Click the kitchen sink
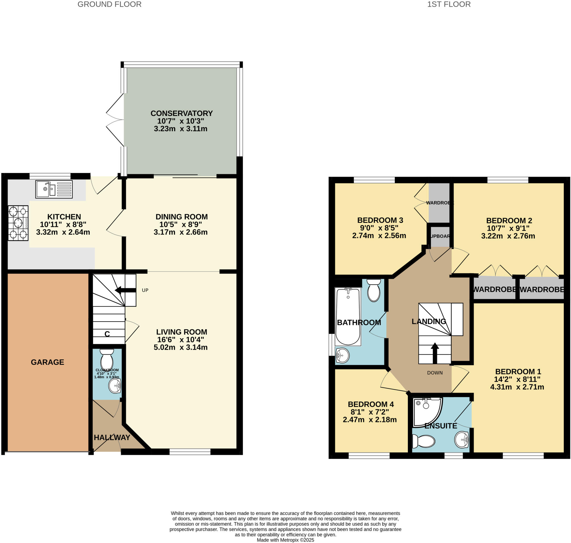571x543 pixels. tap(54, 189)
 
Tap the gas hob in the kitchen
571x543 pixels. tap(18, 223)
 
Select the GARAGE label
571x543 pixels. tap(47, 362)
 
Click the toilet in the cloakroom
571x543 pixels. tap(107, 359)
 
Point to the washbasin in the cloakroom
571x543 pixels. tap(115, 386)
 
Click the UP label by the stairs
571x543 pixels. tap(145, 290)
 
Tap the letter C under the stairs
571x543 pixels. tap(107, 334)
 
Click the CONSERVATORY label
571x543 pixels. tap(182, 113)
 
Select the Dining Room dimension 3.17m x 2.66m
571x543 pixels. tap(180, 232)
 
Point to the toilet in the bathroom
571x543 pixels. tap(374, 290)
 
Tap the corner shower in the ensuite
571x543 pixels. tap(427, 412)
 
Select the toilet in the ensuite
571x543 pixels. tap(424, 441)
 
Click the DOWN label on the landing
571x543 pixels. tap(435, 373)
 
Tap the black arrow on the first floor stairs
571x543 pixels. tap(435, 352)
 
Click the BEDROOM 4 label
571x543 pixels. tap(371, 404)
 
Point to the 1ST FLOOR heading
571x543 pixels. tap(449, 4)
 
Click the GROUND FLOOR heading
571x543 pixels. tap(110, 4)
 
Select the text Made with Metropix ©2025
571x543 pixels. tap(285, 540)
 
